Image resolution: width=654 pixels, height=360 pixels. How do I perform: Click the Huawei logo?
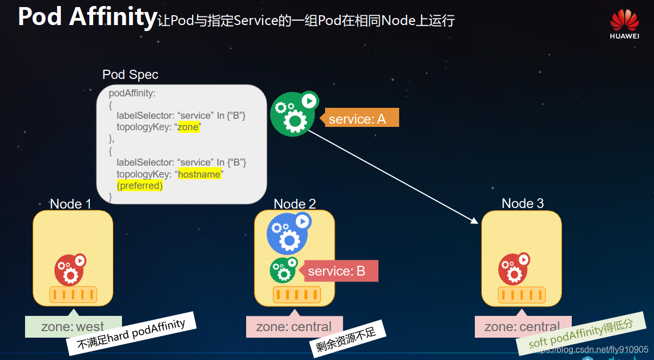[624, 25]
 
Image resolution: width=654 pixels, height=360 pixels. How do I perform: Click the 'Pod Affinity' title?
[87, 17]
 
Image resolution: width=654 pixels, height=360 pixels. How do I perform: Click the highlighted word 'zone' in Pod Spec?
[189, 127]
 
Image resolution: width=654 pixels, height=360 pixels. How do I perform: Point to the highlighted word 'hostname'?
[199, 174]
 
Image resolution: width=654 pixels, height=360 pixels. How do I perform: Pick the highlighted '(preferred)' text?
[140, 186]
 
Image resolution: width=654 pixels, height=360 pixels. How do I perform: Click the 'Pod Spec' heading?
[130, 75]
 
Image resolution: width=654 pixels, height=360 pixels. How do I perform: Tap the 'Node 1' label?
[70, 204]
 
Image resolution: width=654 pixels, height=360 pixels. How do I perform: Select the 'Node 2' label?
[295, 204]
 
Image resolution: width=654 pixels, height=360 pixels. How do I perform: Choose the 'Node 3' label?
[523, 204]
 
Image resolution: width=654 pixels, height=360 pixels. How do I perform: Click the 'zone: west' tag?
[73, 327]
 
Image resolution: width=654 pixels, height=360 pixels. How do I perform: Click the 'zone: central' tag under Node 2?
[294, 327]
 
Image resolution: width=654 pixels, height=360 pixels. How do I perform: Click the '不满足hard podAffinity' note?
[131, 333]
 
